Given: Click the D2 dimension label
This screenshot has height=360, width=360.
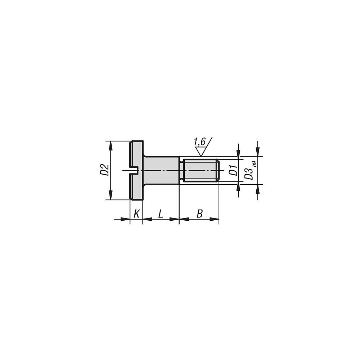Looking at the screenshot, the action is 104,170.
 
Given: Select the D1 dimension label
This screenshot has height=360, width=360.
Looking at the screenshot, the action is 234,170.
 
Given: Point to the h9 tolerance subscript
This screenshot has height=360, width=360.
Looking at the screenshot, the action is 254,163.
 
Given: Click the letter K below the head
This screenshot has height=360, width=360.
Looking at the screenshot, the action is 136,214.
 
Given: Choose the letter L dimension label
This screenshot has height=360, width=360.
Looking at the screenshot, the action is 161,214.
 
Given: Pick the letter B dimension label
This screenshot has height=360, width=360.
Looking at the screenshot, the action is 199,214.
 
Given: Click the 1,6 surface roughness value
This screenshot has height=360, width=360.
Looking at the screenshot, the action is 199,142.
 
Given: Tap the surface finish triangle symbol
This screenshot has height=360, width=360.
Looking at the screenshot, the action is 201,152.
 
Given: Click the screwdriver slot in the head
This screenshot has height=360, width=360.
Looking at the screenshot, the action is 134,170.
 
